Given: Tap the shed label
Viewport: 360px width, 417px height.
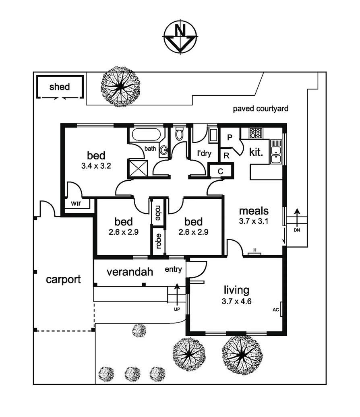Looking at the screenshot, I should (x=60, y=87).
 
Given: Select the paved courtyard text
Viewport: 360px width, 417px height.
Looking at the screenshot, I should (x=261, y=109).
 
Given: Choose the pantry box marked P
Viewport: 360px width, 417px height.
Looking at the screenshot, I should (x=230, y=137).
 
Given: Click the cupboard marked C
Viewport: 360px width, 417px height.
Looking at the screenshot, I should (x=221, y=171).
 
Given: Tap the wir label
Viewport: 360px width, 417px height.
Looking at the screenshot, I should (x=77, y=203).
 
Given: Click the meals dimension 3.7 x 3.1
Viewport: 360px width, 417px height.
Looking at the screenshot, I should (x=254, y=221).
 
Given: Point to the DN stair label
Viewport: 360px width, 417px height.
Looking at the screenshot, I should (x=297, y=231).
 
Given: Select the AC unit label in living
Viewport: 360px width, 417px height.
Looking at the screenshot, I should (x=276, y=310).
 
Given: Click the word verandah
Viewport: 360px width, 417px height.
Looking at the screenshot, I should (x=130, y=272).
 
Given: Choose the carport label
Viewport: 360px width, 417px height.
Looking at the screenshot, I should (x=63, y=279).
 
